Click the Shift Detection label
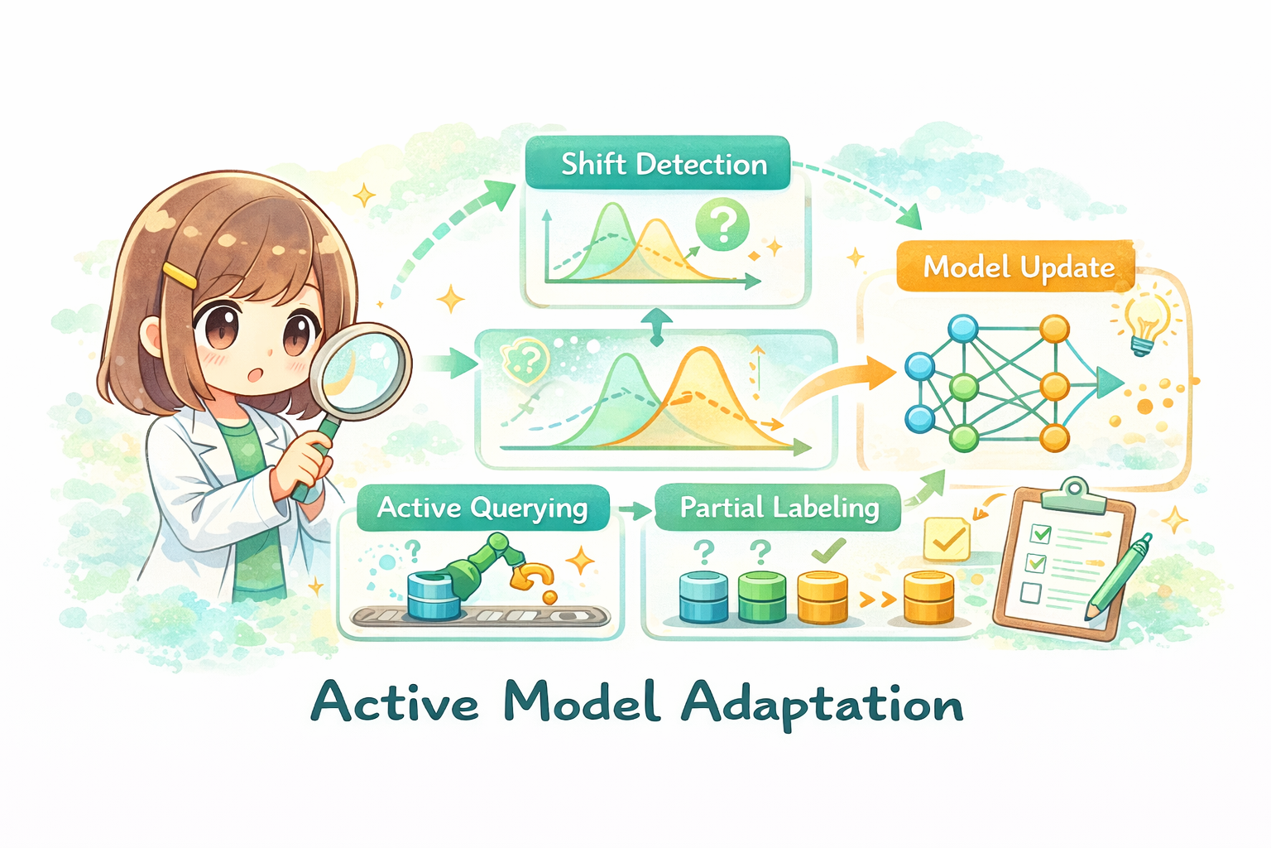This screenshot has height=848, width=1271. point(659,164)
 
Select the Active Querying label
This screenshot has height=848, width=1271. point(482,508)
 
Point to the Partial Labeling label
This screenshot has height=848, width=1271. point(778,508)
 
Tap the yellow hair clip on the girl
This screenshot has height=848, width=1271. point(180,275)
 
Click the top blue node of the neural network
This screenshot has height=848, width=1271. point(962,329)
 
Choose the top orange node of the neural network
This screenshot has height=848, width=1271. point(1054,329)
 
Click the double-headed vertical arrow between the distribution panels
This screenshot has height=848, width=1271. point(657,326)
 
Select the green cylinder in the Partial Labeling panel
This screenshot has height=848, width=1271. point(761,596)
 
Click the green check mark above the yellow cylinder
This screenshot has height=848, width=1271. point(828,548)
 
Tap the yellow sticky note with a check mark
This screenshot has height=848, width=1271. point(947,539)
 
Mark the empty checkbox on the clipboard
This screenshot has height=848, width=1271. point(1030,593)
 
